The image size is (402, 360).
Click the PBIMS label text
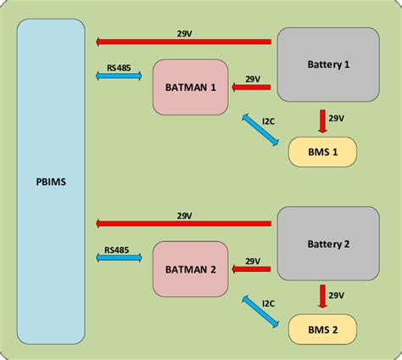click(x=50, y=180)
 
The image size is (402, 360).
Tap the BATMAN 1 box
click(x=191, y=87)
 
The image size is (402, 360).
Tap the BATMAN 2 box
click(x=191, y=269)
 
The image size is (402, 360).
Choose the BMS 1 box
click(x=322, y=151)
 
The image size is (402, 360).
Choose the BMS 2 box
click(x=322, y=329)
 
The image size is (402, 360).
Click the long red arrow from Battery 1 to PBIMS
click(x=182, y=41)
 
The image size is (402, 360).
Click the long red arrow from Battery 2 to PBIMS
click(x=182, y=224)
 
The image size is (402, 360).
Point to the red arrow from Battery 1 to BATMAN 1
click(x=252, y=87)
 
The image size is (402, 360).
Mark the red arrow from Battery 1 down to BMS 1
click(x=322, y=121)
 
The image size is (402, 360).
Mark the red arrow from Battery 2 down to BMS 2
click(x=322, y=297)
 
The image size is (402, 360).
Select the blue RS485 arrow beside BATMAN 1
click(x=119, y=76)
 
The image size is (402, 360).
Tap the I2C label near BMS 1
click(x=269, y=121)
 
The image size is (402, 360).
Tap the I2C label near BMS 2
click(x=269, y=302)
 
